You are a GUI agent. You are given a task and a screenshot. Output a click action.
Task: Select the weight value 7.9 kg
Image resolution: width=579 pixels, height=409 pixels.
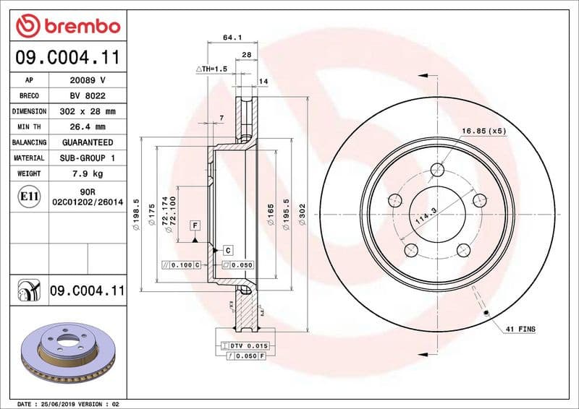click(88, 173)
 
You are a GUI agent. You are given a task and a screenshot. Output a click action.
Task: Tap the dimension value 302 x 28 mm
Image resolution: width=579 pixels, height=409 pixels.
click(88, 111)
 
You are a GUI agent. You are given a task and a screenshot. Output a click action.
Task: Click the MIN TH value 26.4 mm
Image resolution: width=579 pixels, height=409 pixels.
click(88, 127)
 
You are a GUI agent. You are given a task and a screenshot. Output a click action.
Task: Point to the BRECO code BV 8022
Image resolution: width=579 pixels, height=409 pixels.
click(88, 95)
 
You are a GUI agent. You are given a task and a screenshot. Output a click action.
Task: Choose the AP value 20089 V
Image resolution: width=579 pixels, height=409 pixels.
click(88, 80)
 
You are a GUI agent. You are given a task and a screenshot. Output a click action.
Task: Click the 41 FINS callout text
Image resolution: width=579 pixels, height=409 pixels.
click(521, 330)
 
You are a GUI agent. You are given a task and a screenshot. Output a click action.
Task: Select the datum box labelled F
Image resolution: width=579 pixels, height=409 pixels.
click(195, 225)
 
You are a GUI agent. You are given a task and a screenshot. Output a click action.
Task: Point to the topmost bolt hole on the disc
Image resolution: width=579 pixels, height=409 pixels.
click(437, 171)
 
